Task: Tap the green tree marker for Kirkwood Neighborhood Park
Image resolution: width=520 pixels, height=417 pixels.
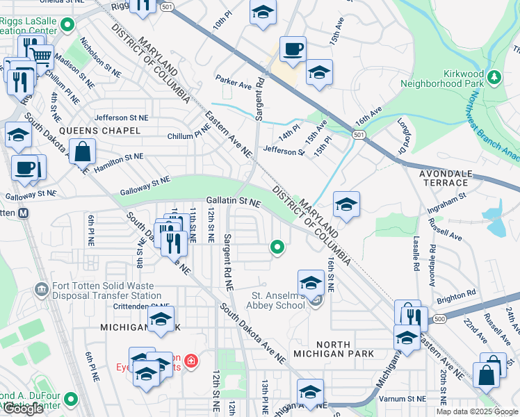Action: click(494, 76)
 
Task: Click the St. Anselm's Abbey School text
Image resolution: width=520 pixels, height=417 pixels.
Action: click(278, 300)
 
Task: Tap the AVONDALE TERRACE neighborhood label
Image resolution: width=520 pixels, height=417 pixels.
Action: click(445, 177)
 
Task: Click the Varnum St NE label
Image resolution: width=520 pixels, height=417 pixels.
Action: click(403, 399)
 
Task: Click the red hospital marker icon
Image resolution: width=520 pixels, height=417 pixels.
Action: click(190, 361)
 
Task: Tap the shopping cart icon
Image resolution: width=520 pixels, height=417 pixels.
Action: click(42, 55)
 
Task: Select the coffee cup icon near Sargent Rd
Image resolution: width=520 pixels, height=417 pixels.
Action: click(293, 49)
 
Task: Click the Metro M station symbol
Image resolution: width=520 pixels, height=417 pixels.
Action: click(24, 213)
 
